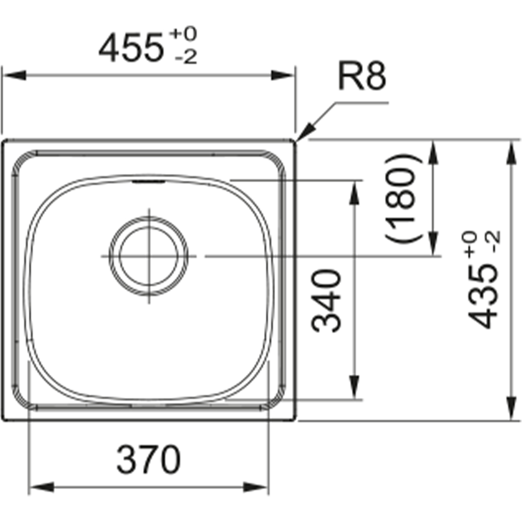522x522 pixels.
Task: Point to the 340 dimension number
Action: (326, 301)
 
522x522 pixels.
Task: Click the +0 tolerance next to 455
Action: (183, 34)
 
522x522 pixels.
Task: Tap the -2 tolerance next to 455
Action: (186, 57)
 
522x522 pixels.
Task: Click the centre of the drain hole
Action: (149, 256)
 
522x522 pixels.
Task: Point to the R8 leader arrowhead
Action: (305, 131)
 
